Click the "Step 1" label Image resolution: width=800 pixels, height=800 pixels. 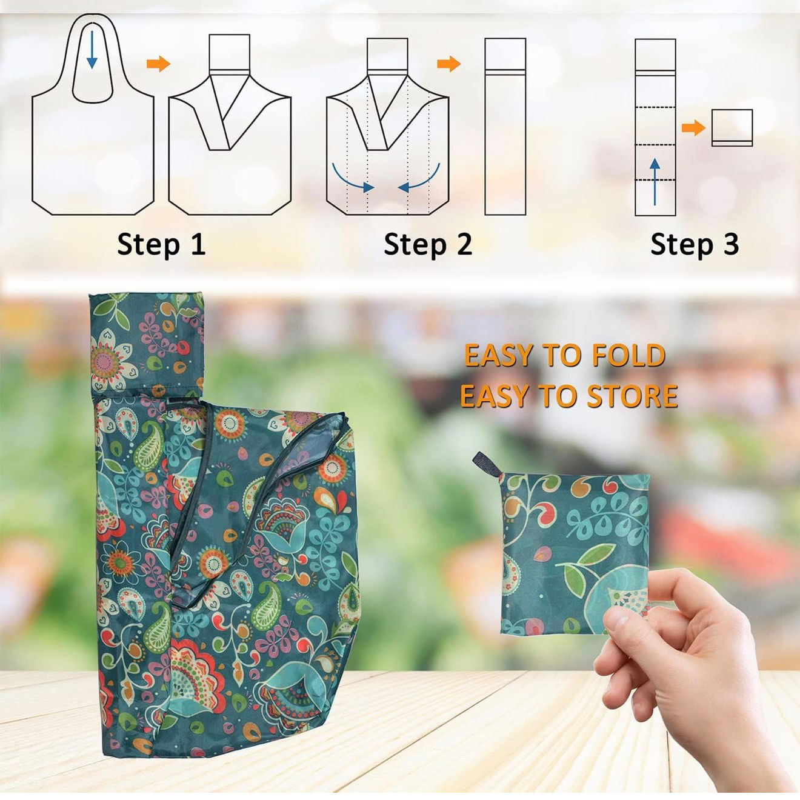[x=161, y=245]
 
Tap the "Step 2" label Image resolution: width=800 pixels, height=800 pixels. [x=428, y=245]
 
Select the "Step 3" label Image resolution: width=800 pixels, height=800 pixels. [x=695, y=245]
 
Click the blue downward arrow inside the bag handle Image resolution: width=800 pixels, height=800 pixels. [x=92, y=50]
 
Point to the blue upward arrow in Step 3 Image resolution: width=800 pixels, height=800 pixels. [x=655, y=181]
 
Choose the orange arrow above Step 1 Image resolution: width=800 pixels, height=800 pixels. [x=159, y=64]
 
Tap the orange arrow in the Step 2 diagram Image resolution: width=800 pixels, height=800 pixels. [x=448, y=64]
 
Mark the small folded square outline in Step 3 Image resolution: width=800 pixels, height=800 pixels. [x=732, y=128]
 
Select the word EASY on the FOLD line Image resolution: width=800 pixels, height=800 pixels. [x=493, y=355]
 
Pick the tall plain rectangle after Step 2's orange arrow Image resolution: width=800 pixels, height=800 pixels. [x=505, y=127]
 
